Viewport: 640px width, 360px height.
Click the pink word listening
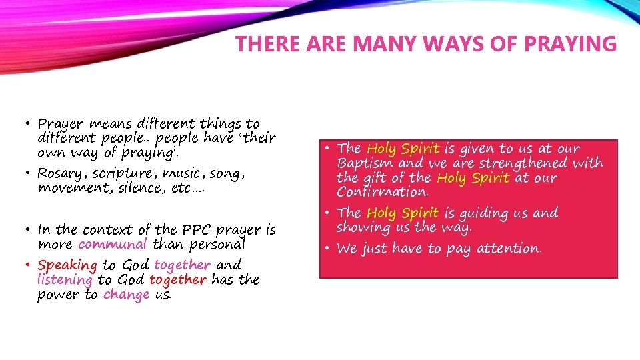pos(65,280)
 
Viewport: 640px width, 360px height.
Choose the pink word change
pos(127,295)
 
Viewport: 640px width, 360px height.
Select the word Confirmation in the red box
pos(383,192)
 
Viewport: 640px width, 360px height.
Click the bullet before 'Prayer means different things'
pos(30,123)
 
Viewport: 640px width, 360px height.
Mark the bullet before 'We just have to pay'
pos(329,248)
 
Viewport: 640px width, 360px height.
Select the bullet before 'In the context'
pos(30,229)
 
